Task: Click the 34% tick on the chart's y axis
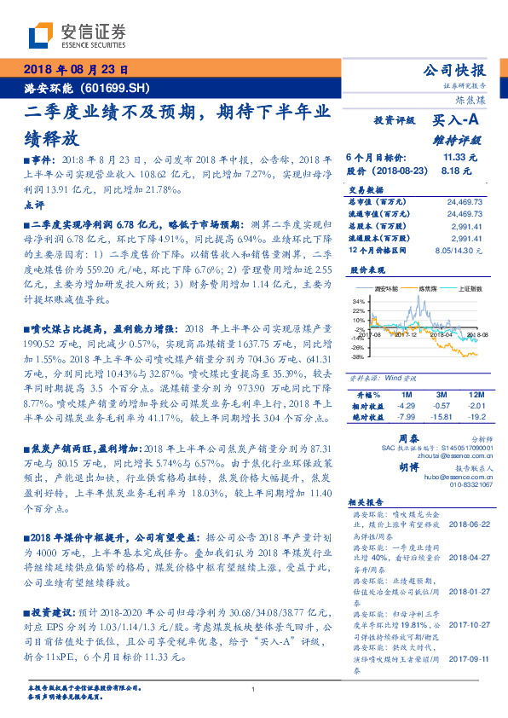[358, 301]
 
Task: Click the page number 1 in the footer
[254, 689]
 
